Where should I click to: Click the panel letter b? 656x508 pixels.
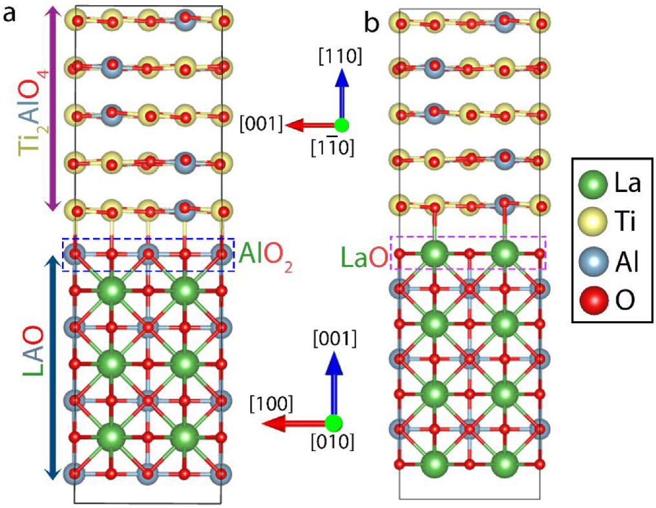point(373,24)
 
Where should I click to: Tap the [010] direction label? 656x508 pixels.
point(333,444)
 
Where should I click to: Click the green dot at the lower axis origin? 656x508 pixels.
point(333,424)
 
